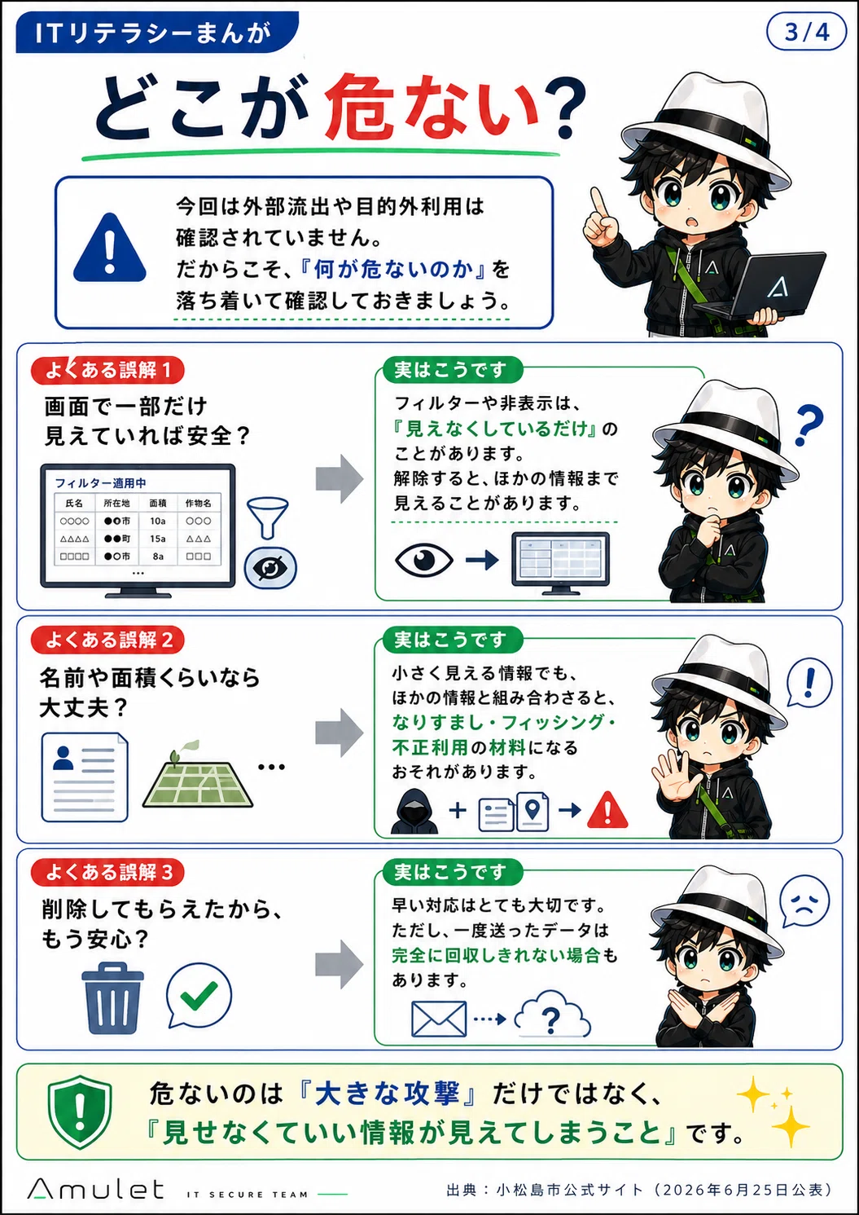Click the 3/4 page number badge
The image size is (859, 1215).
[x=806, y=33]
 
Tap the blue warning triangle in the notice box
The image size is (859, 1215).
[x=110, y=249]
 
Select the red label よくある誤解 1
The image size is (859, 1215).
[x=107, y=371]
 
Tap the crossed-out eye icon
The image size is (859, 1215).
[x=270, y=568]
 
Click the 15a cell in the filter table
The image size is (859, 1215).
[x=158, y=539]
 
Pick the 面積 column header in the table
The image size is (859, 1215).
[x=158, y=504]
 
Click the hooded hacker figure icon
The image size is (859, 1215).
[x=414, y=811]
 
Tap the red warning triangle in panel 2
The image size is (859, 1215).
[x=607, y=809]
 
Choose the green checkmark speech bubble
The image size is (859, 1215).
[x=199, y=995]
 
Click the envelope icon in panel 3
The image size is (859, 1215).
[x=439, y=1019]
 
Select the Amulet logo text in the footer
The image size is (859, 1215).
[x=96, y=1189]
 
